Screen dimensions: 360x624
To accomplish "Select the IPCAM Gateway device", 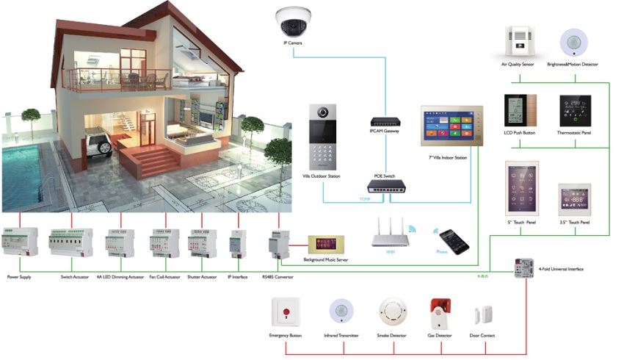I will pos(384,121).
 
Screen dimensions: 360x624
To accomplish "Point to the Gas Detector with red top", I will pos(440,314).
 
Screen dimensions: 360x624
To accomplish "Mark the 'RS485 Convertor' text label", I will pos(278,277).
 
